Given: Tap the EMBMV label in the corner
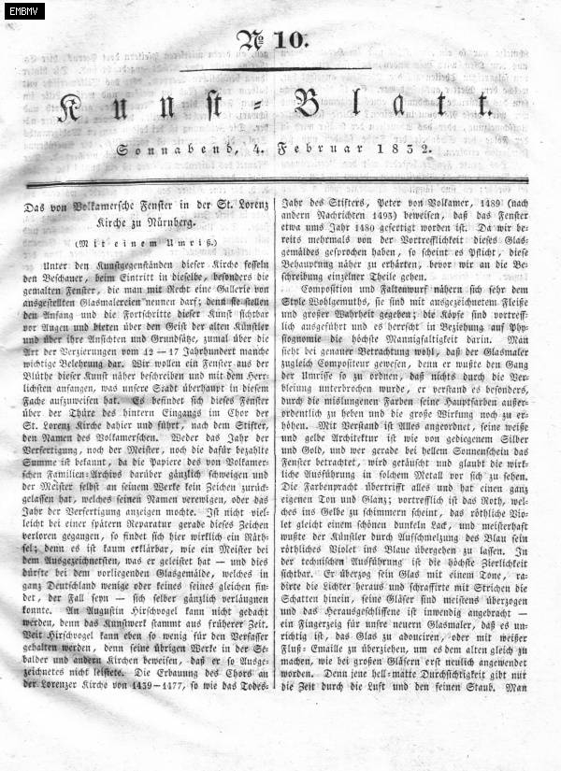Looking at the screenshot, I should coord(22,11).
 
